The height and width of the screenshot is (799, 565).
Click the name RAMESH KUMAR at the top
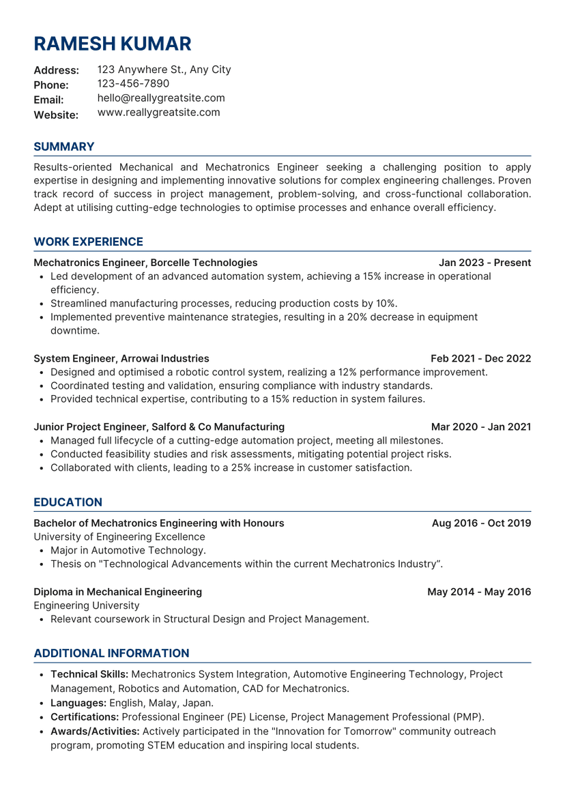point(113,44)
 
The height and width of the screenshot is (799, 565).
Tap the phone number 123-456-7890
point(133,84)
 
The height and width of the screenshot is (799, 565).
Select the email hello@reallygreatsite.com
point(161,98)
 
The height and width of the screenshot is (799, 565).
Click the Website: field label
point(56,115)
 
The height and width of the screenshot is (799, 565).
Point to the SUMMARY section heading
point(64,147)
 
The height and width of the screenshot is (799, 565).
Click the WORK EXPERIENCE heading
point(88,242)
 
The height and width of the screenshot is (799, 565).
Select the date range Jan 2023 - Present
point(484,263)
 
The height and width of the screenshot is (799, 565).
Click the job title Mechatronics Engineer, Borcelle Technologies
point(145,263)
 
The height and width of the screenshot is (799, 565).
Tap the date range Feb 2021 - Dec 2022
point(480,358)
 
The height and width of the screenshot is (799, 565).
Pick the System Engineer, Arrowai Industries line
point(121,358)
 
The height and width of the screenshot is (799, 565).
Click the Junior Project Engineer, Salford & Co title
point(159,427)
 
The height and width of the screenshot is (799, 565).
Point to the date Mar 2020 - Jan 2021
point(481,427)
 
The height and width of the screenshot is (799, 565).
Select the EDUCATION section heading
point(68,502)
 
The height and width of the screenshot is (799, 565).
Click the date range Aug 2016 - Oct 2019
point(481,523)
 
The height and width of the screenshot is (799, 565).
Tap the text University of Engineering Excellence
point(119,537)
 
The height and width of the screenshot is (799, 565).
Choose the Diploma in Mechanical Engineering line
point(117,592)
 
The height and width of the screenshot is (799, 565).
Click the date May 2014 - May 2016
point(479,592)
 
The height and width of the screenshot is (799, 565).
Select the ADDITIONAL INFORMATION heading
point(111,653)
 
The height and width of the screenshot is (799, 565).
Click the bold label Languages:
point(78,703)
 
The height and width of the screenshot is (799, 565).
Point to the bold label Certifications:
point(85,717)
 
